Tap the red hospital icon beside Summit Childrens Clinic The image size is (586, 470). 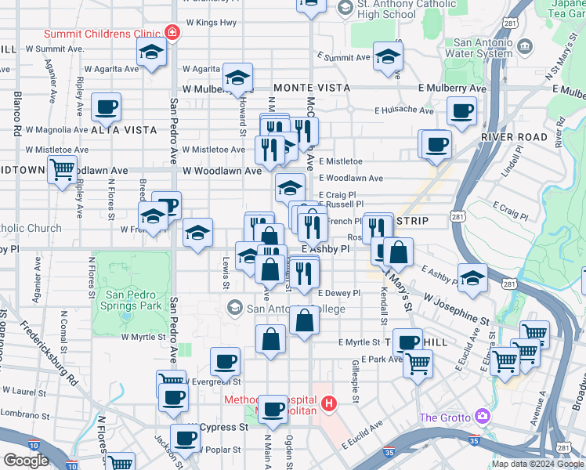pyautogui.click(x=172, y=34)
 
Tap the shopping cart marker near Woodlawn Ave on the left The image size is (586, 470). pyautogui.click(x=62, y=169)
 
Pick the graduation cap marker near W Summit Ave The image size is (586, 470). pyautogui.click(x=150, y=54)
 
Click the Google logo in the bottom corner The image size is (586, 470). pyautogui.click(x=25, y=461)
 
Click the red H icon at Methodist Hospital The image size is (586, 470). pyautogui.click(x=329, y=404)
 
